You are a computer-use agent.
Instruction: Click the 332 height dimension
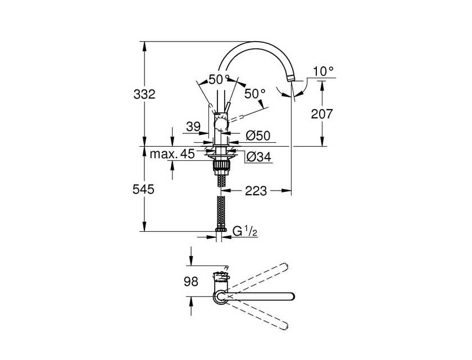[144, 94]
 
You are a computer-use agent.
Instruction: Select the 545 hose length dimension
[144, 189]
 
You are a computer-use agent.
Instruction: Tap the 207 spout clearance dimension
[322, 114]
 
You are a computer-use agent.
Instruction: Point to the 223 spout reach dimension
[256, 191]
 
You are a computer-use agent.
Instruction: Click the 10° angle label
[323, 71]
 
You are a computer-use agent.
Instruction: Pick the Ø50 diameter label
[258, 136]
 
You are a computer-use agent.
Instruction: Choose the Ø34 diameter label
[258, 156]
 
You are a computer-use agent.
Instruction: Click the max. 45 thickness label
[173, 154]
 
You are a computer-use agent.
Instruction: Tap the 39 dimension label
[193, 127]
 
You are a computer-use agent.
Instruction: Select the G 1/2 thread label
[245, 231]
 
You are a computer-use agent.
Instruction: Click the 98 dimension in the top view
[191, 281]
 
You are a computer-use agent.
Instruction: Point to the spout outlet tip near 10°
[291, 79]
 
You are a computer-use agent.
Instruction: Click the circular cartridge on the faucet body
[221, 124]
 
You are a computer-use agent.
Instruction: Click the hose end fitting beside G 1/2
[221, 229]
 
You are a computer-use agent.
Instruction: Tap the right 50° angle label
[255, 94]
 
